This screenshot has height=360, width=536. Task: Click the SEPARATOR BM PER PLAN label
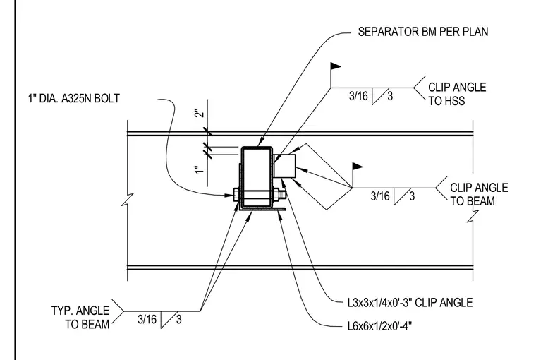pyautogui.click(x=423, y=32)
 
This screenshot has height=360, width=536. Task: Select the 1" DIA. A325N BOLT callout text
pyautogui.click(x=74, y=99)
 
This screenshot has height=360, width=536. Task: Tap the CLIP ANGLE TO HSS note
pyautogui.click(x=457, y=94)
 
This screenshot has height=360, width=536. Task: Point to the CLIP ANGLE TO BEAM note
pyautogui.click(x=479, y=194)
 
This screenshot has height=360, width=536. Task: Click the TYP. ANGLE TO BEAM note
pyautogui.click(x=80, y=317)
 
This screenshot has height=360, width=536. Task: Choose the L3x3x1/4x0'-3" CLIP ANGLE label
pyautogui.click(x=410, y=303)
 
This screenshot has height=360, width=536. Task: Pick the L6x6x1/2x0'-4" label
pyautogui.click(x=379, y=326)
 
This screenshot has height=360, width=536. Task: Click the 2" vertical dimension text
pyautogui.click(x=200, y=114)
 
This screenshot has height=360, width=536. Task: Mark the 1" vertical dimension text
pyautogui.click(x=200, y=169)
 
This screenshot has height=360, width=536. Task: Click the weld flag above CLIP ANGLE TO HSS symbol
pyautogui.click(x=335, y=66)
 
